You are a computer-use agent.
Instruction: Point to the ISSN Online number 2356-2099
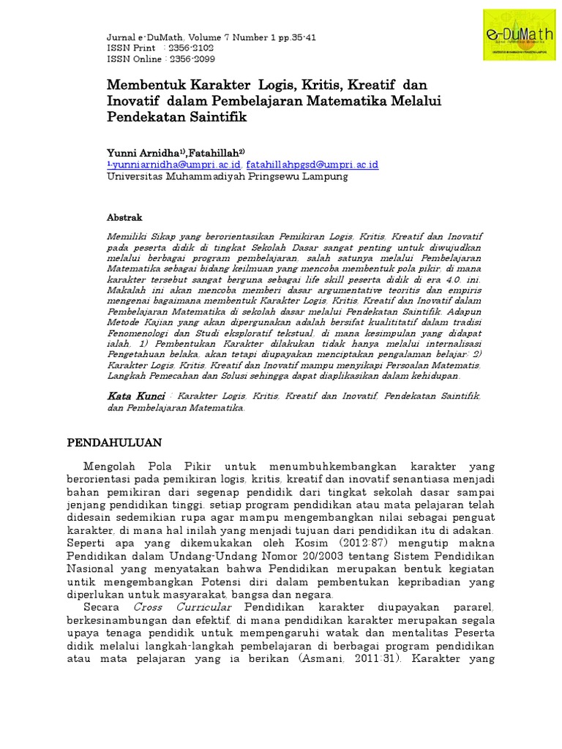pyautogui.click(x=190, y=59)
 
